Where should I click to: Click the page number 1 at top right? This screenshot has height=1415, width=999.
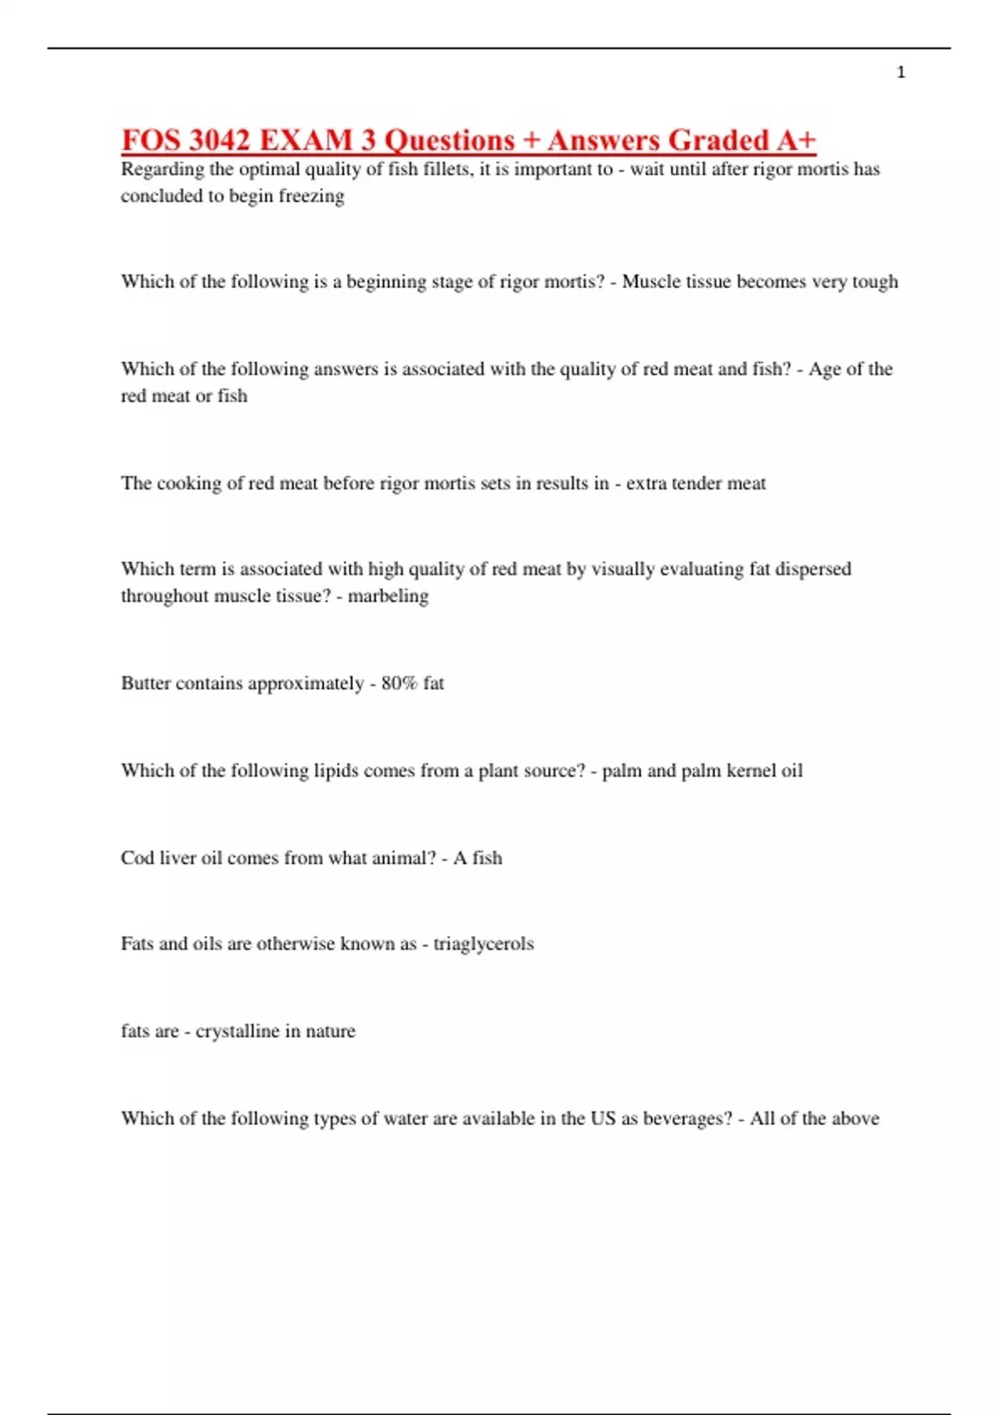tap(901, 72)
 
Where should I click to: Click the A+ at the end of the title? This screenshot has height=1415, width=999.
tap(796, 140)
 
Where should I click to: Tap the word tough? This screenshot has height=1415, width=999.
tap(875, 281)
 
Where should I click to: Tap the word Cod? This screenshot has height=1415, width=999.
tap(136, 858)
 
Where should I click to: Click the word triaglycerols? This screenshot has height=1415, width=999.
tap(483, 944)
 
